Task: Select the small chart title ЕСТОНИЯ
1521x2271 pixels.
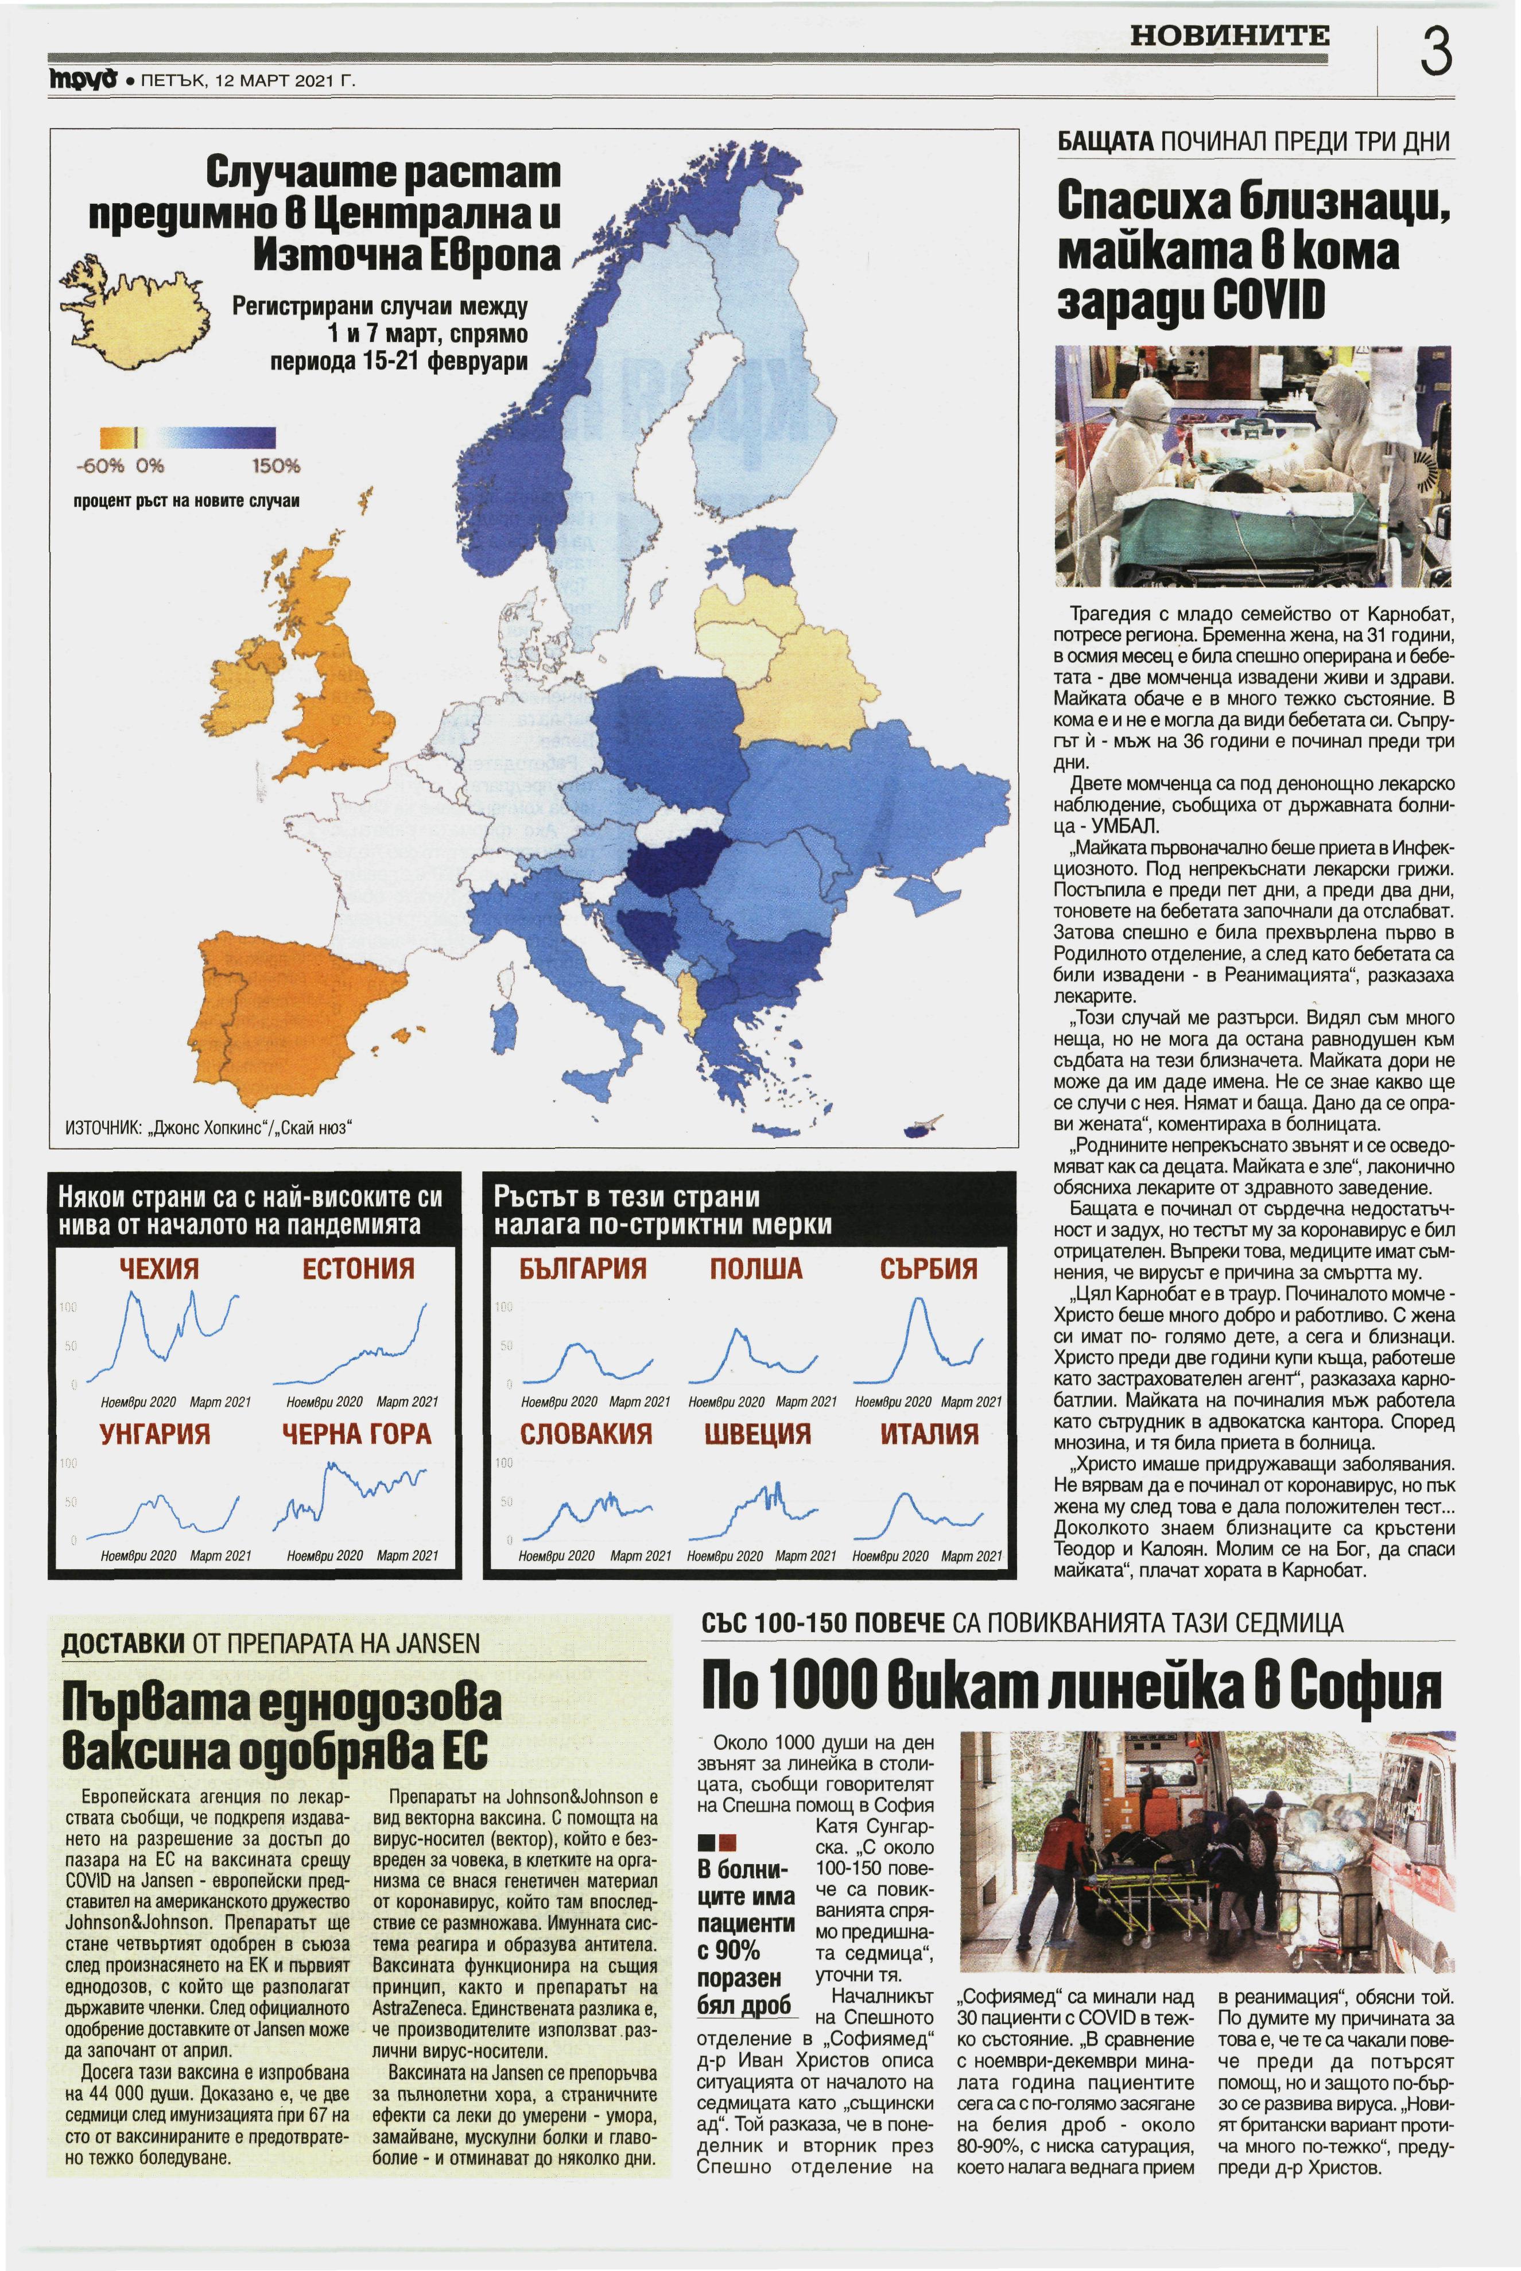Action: pos(358,1268)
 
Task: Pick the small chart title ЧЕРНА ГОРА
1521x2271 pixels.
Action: pos(357,1433)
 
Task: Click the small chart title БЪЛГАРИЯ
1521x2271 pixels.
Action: pos(583,1268)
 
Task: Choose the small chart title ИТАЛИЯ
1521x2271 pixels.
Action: pos(929,1433)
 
